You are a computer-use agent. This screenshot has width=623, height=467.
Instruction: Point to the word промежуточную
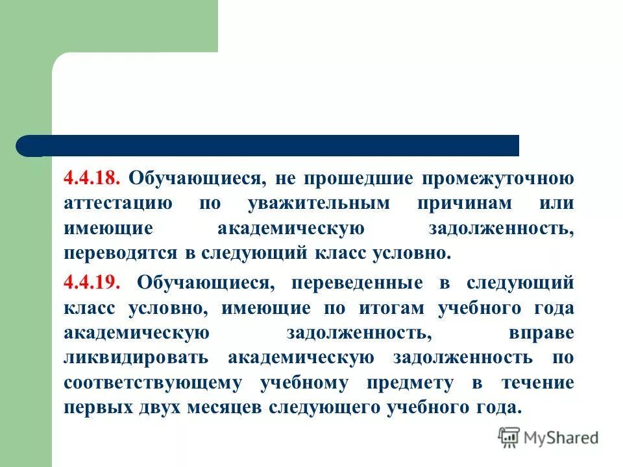click(x=499, y=178)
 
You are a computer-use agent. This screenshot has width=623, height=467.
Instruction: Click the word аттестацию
click(x=118, y=203)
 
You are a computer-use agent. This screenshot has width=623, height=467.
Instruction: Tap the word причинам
click(x=464, y=203)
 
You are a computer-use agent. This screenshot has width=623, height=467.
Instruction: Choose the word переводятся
click(x=121, y=252)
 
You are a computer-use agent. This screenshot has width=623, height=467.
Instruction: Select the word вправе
click(x=541, y=333)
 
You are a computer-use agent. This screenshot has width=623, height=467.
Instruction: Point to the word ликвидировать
click(x=136, y=357)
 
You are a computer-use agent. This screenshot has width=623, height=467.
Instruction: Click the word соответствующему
click(x=153, y=383)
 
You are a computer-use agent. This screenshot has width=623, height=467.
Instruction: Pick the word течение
click(x=538, y=383)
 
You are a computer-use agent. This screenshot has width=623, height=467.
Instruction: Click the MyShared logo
click(x=548, y=438)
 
